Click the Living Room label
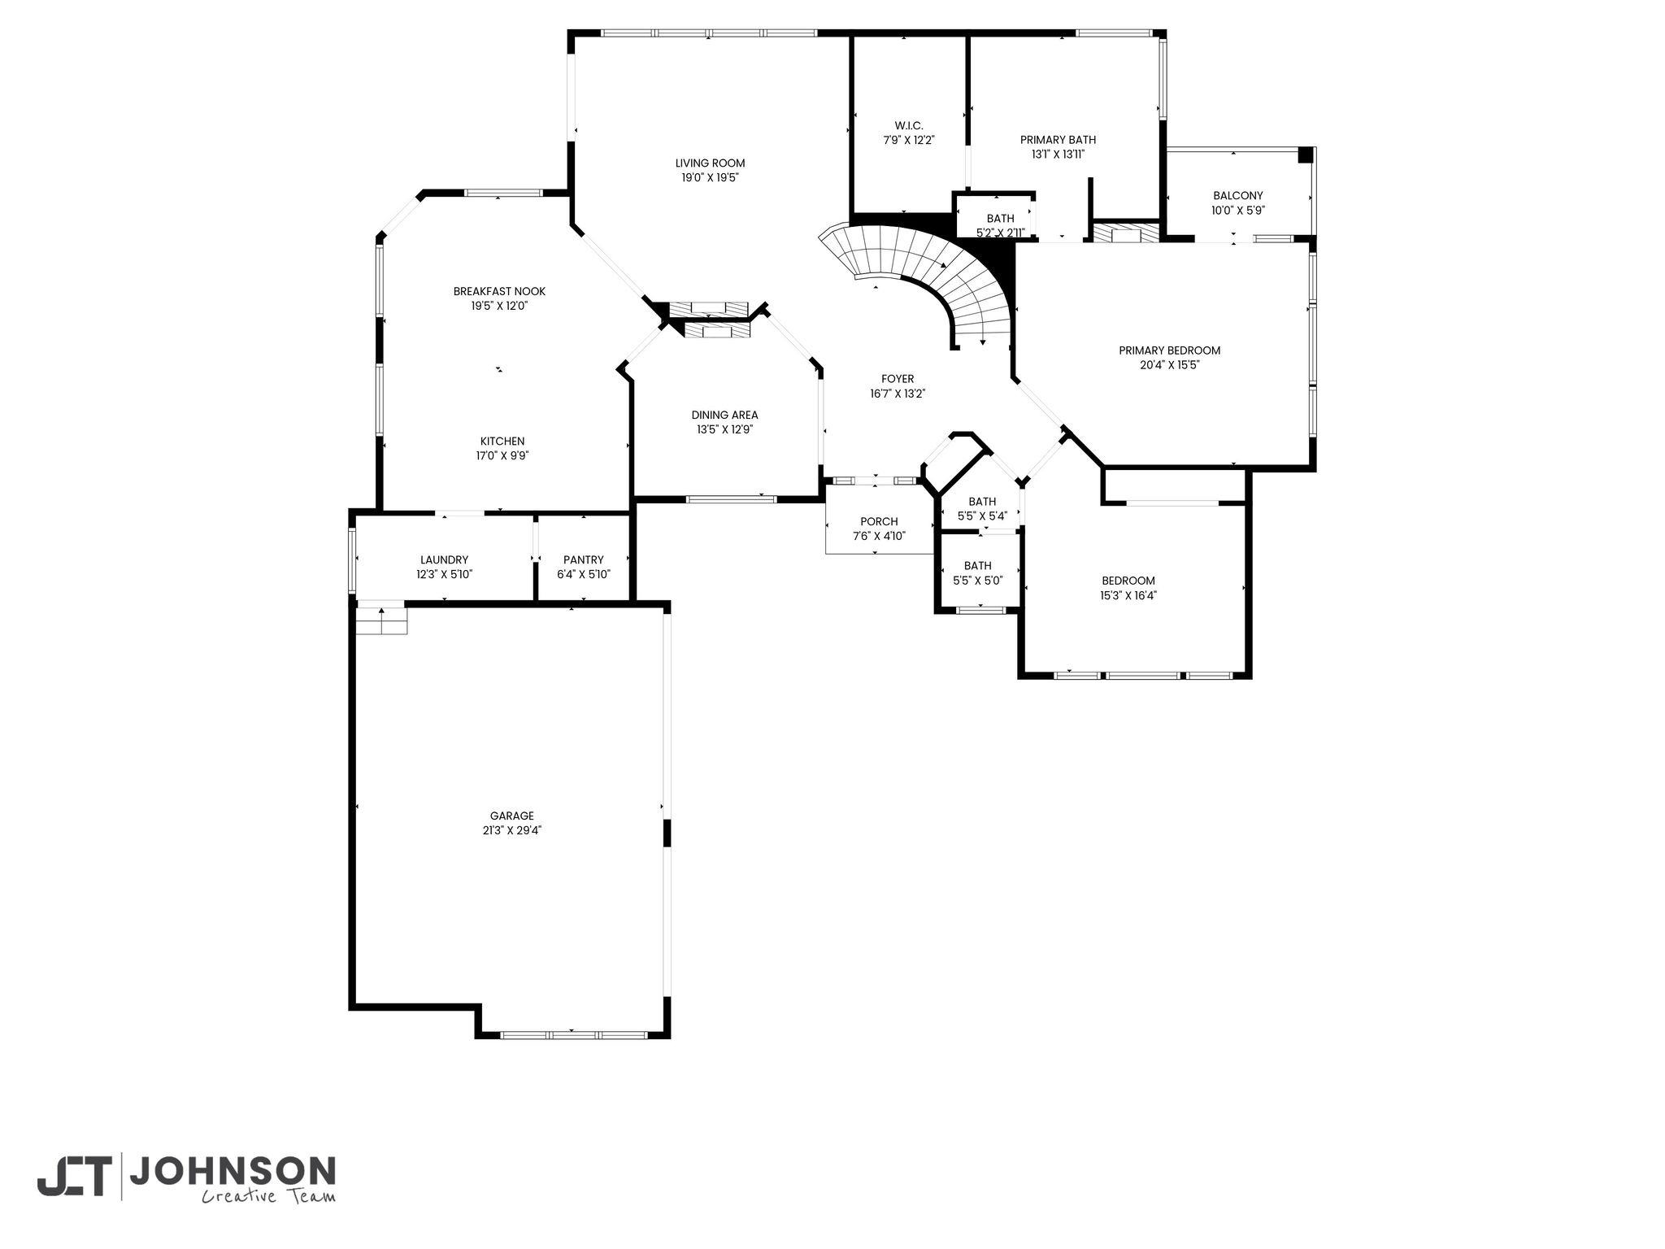tap(710, 163)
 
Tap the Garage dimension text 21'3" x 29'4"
tap(511, 830)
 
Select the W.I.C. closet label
tap(909, 125)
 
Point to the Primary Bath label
tap(1058, 140)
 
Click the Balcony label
tap(1237, 196)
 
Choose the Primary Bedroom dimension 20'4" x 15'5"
tap(1169, 365)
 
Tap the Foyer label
tap(898, 379)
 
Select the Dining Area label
tap(724, 416)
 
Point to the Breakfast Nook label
tap(499, 291)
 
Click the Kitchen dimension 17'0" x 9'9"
tap(502, 456)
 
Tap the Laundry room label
tap(444, 560)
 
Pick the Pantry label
tap(583, 560)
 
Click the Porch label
tap(879, 522)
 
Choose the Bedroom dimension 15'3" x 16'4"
tap(1128, 595)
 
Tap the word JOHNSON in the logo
tap(233, 1171)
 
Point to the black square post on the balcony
tap(1305, 154)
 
